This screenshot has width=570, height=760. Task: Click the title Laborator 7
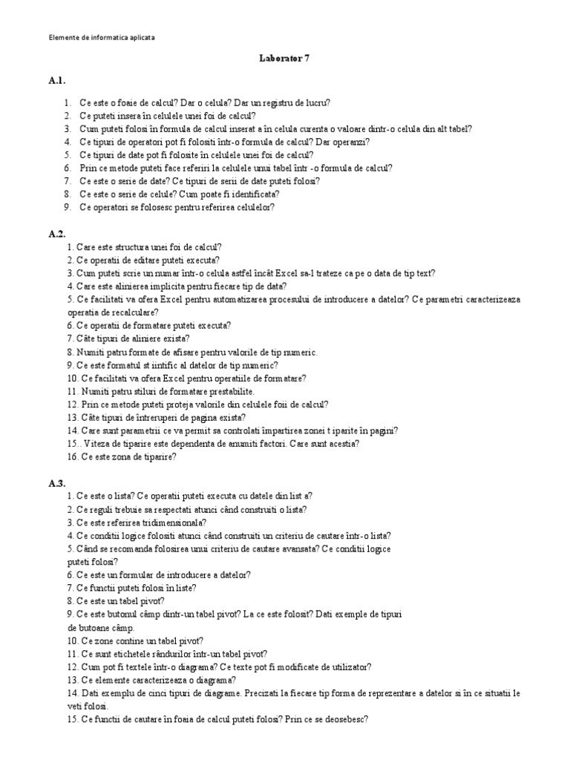[x=285, y=59]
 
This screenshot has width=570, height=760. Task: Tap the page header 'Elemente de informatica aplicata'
[x=102, y=36]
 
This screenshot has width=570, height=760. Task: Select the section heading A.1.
[x=58, y=80]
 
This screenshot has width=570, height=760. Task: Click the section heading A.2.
[x=58, y=234]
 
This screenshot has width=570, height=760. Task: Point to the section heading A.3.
[x=58, y=483]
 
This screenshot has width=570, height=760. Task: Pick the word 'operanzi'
[x=349, y=142]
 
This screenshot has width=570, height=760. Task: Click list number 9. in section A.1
[x=67, y=208]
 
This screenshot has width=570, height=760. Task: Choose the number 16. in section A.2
[x=73, y=457]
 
